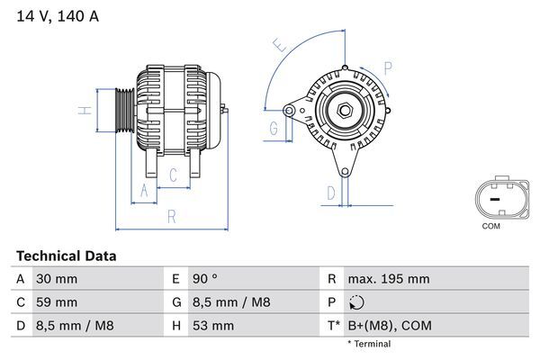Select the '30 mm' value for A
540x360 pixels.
(56, 279)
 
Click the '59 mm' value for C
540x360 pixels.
(56, 301)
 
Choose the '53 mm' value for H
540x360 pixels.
(215, 324)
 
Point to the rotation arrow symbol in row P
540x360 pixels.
(357, 302)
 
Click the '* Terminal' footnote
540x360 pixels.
(369, 344)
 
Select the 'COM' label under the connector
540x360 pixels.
(490, 226)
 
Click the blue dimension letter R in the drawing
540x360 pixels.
(172, 216)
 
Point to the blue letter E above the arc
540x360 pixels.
(280, 45)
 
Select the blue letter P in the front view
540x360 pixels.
(388, 67)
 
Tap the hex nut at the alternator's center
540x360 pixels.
(345, 111)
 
